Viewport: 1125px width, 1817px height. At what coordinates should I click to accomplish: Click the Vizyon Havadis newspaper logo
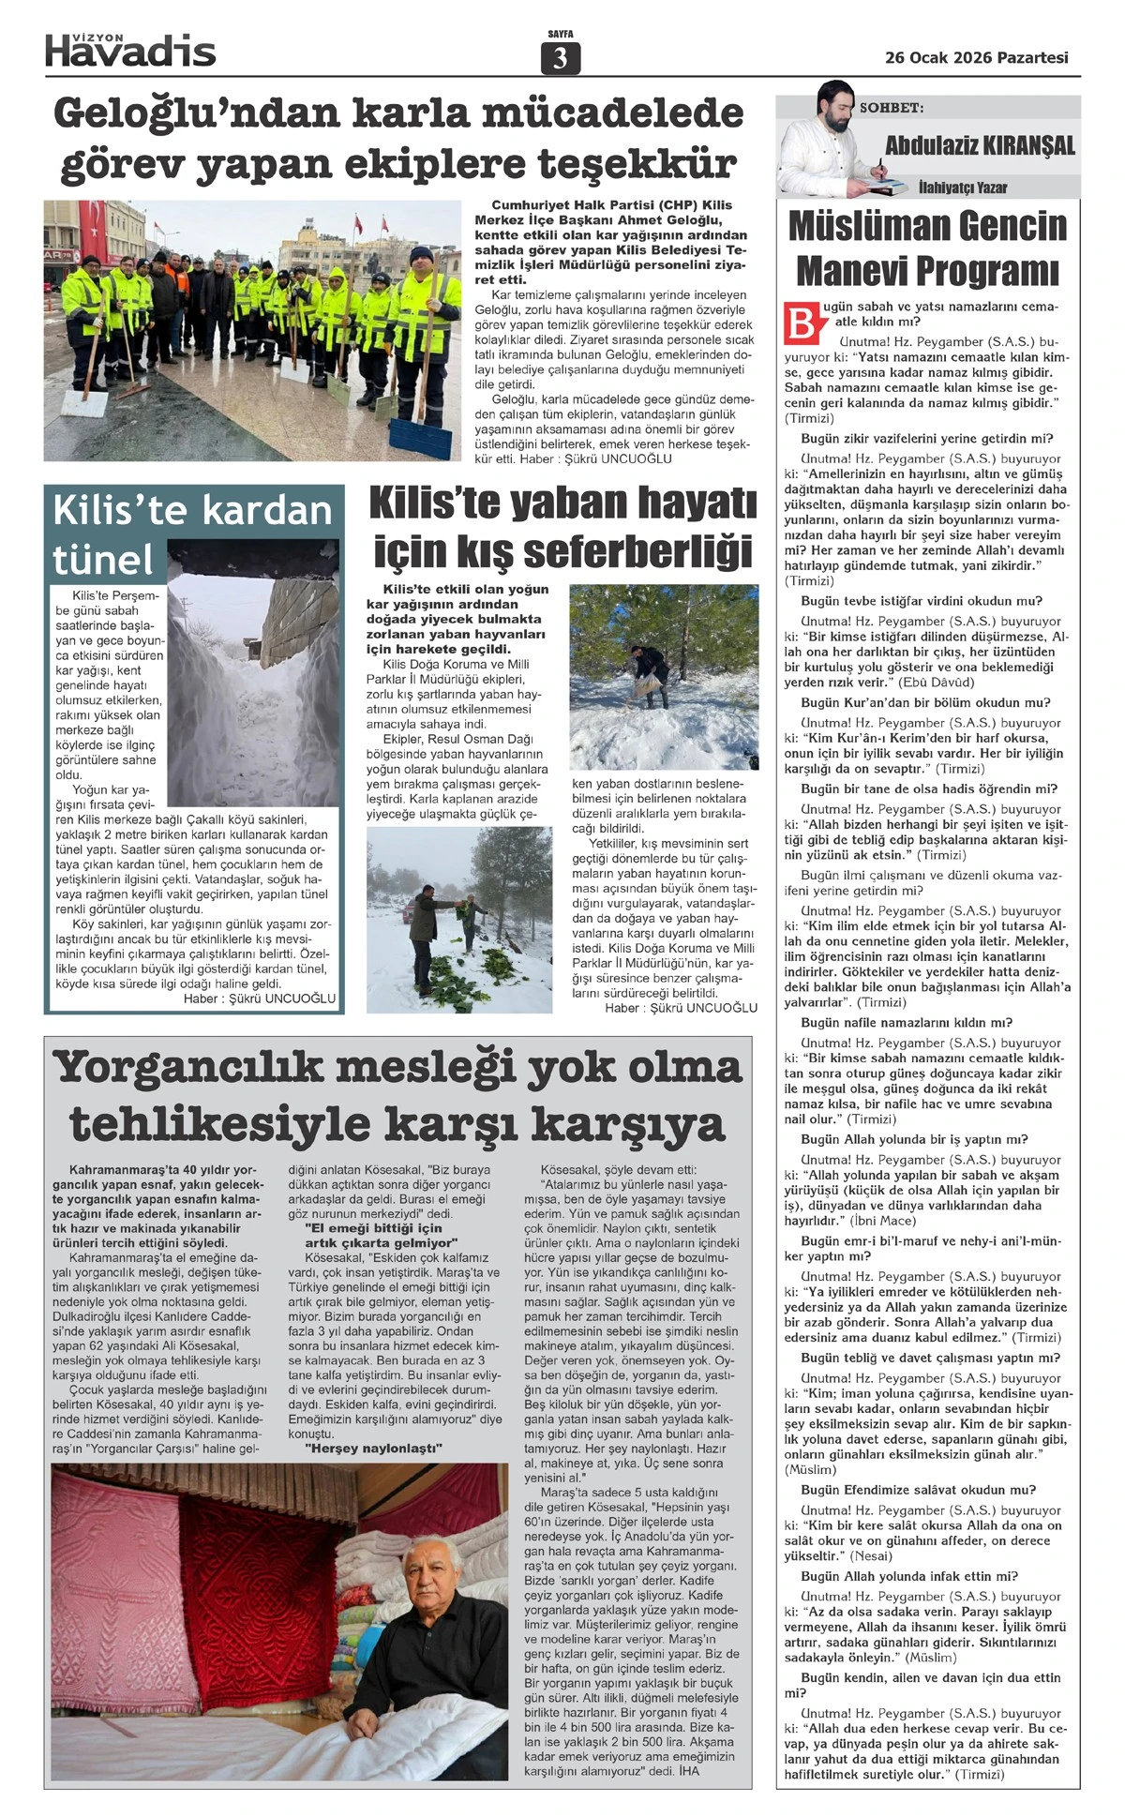pyautogui.click(x=130, y=49)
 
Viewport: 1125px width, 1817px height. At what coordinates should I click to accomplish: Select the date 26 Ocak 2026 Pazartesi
pyautogui.click(x=976, y=57)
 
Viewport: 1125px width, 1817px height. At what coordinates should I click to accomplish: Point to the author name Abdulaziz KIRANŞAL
pyautogui.click(x=980, y=145)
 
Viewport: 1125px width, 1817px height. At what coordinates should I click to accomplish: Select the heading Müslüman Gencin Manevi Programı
pyautogui.click(x=927, y=248)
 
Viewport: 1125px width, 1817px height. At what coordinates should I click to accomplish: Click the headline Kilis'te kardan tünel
pyautogui.click(x=191, y=534)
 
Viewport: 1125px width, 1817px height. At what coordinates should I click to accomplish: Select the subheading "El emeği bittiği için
pyautogui.click(x=373, y=1228)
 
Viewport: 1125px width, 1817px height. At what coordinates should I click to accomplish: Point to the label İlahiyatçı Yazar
pyautogui.click(x=962, y=188)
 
